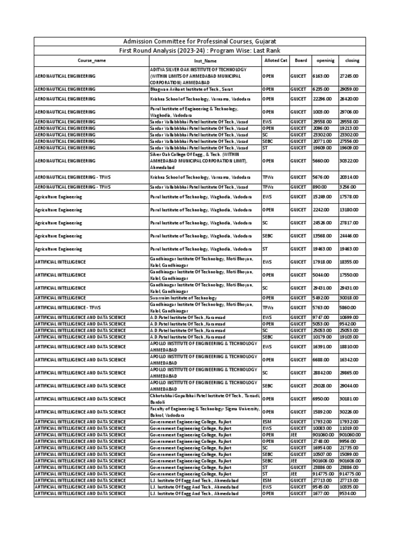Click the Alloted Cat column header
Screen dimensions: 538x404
[275, 60]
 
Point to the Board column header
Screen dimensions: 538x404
[300, 60]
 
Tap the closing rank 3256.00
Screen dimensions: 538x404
[347, 187]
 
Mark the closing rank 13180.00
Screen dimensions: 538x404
[348, 210]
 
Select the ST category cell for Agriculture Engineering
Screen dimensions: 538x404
[266, 249]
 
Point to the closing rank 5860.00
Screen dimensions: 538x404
[347, 306]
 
